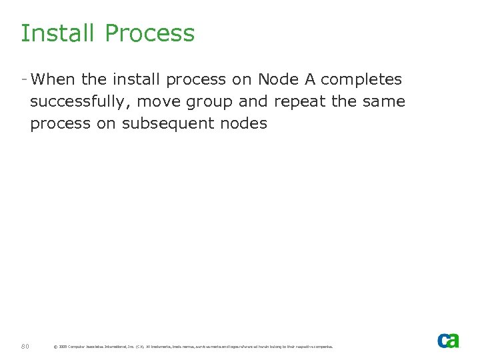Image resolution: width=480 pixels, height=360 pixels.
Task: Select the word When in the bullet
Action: coord(53,79)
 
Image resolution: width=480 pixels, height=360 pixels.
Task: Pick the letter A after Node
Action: coord(309,79)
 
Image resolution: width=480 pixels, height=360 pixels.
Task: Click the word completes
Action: coord(361,80)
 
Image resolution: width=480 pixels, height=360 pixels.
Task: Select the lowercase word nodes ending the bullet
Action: coord(247,123)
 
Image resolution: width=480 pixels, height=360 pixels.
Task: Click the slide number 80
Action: coord(25,346)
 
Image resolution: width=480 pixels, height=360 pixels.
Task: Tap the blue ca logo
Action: coord(448,340)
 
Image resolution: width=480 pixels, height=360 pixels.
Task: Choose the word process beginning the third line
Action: coord(61,124)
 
